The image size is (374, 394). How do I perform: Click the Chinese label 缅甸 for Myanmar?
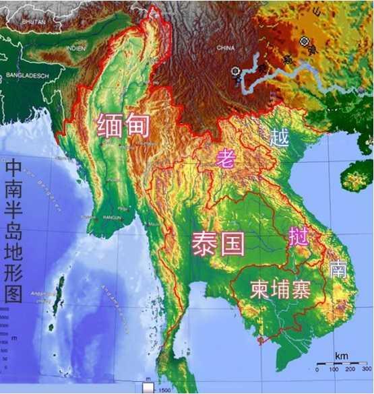[x=123, y=125]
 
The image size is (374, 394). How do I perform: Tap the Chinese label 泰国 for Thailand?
[x=218, y=243]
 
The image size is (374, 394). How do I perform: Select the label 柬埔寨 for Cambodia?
[x=280, y=290]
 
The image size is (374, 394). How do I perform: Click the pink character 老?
[x=225, y=159]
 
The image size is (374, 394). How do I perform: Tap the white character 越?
[x=279, y=138]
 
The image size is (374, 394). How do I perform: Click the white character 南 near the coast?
[x=338, y=269]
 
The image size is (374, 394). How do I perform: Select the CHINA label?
[x=225, y=48]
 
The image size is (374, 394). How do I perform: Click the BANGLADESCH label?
[x=27, y=75]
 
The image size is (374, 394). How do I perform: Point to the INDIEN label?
[x=76, y=48]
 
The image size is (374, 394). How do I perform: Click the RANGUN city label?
[x=112, y=217]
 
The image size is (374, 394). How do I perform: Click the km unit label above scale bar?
[x=342, y=355]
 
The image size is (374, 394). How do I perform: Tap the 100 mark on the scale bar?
[x=334, y=370]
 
